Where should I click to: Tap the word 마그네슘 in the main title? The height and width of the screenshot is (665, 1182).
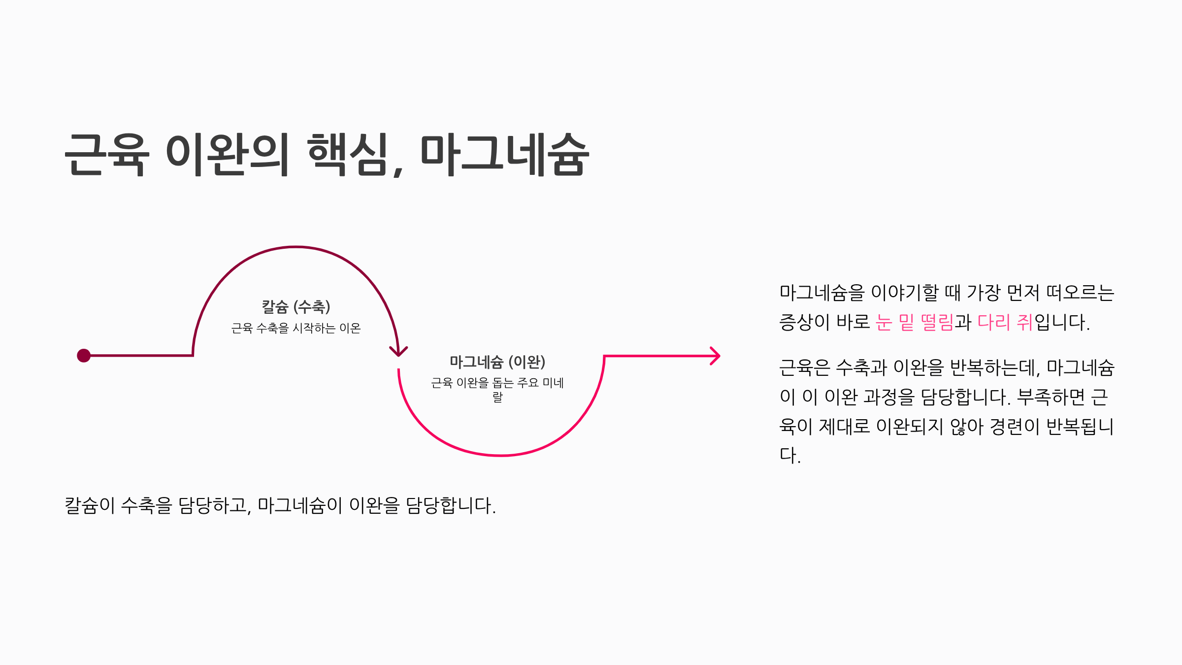point(504,155)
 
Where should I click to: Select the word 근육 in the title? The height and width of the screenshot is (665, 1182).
point(106,155)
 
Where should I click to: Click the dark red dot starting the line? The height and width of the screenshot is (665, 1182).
point(84,356)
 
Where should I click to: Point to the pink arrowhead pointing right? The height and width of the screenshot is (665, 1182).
point(715,356)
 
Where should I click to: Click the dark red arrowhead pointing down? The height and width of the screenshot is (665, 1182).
point(398,351)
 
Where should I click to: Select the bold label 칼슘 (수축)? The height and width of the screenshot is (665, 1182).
point(296,307)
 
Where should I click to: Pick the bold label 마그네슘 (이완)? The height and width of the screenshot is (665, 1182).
point(497,362)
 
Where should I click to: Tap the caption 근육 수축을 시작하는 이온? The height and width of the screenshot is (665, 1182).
point(296,328)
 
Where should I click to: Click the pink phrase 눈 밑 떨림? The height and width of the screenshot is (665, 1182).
point(915,323)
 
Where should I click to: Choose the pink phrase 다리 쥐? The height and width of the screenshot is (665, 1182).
point(1005,323)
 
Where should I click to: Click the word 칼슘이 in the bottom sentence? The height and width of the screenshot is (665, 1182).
point(90,506)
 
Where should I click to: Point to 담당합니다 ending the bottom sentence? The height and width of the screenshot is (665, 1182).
point(450,506)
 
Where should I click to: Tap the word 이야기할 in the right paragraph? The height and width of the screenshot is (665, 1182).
point(905,293)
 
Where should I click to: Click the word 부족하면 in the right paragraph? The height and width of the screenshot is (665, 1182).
point(1051,397)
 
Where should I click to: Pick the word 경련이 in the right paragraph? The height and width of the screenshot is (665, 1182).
point(1014,427)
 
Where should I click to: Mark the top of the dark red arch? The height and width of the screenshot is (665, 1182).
point(295,247)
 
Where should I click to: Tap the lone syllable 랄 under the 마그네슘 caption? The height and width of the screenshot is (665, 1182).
point(497,397)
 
